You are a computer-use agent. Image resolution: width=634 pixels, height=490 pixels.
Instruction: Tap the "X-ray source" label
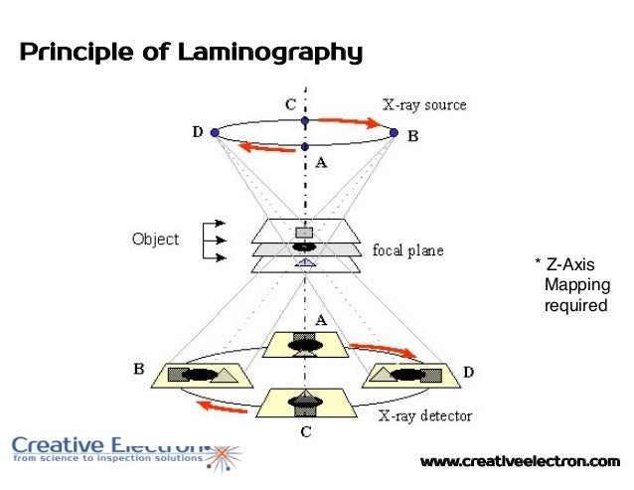(x=424, y=104)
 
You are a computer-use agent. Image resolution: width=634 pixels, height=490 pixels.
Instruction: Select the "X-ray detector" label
(x=426, y=415)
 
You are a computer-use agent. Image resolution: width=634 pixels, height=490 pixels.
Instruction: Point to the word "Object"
(x=155, y=240)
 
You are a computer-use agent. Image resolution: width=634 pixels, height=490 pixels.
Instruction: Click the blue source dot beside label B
(x=394, y=132)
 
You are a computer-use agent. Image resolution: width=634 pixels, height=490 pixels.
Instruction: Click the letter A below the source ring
(x=320, y=165)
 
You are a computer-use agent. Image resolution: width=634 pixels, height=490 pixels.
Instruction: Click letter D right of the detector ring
(x=468, y=371)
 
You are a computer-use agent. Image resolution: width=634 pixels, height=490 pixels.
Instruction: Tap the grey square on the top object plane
(x=304, y=233)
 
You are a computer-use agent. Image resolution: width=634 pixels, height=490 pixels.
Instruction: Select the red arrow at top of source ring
(x=348, y=122)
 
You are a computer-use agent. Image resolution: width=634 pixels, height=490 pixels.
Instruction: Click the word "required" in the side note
(x=574, y=305)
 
